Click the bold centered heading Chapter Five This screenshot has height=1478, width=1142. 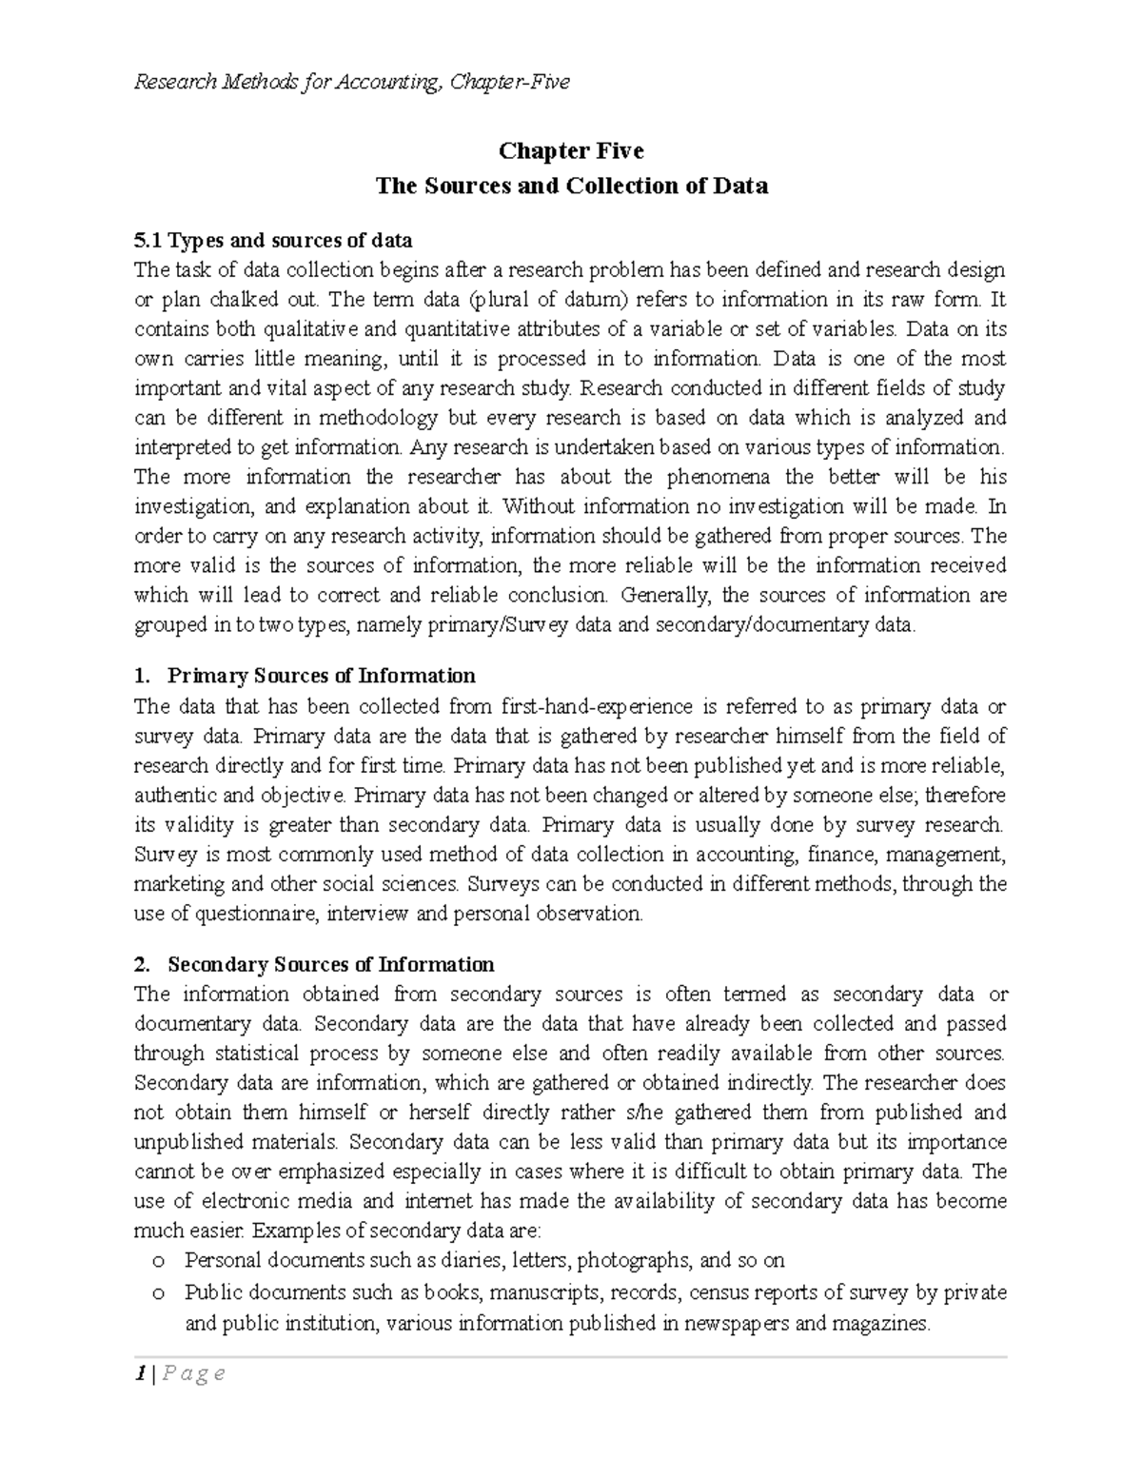[x=571, y=151]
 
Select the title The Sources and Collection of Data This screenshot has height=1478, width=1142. [x=571, y=186]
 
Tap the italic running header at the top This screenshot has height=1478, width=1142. [x=351, y=82]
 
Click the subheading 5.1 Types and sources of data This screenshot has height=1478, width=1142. [x=273, y=240]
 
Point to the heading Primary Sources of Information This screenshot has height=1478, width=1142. [x=321, y=676]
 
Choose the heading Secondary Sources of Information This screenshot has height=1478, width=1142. [x=330, y=965]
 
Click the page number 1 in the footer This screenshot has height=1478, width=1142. [x=140, y=1373]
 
